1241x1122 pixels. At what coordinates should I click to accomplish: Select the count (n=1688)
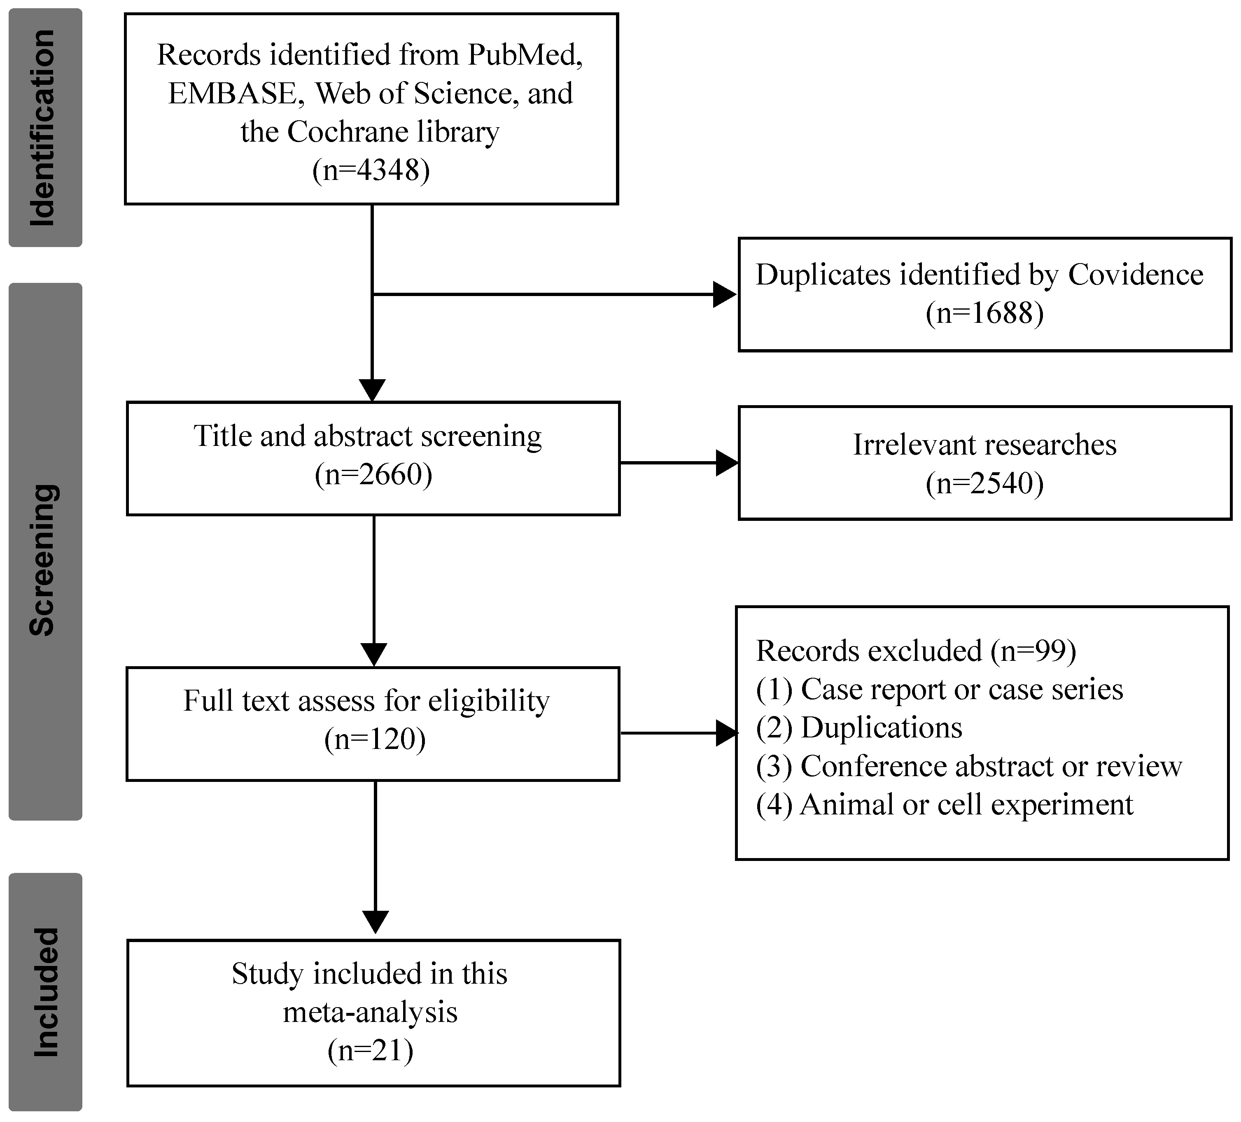(x=984, y=313)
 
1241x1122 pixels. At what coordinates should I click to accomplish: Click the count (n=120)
(x=374, y=739)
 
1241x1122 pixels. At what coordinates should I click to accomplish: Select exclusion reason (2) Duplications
(x=859, y=728)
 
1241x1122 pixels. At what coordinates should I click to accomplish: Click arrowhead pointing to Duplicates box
(x=725, y=294)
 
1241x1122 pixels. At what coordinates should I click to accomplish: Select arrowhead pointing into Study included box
(x=375, y=921)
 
